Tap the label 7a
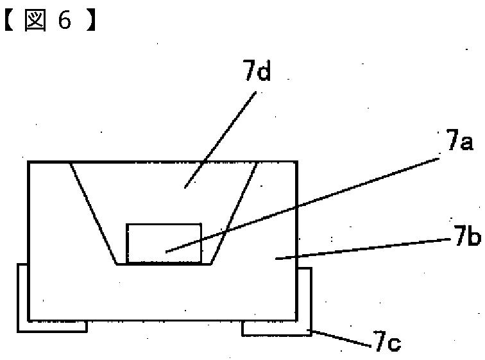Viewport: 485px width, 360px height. coord(459,141)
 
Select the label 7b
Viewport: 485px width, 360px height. coord(468,236)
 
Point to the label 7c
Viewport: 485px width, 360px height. coord(387,341)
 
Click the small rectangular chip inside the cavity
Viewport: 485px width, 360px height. coord(164,243)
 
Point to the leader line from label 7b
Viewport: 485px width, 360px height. coord(362,248)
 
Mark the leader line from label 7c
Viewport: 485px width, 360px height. coord(341,339)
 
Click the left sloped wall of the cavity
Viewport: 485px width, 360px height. coord(94,213)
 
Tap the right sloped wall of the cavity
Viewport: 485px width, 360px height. coord(234,213)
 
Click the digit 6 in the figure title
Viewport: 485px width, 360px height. coord(65,21)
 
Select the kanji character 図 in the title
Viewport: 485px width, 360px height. coord(35,21)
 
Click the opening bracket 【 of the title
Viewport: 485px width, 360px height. coord(9,21)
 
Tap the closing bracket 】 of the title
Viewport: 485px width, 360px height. coord(90,21)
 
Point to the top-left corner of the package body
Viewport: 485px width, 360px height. coord(28,162)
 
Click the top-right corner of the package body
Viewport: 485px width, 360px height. coord(297,162)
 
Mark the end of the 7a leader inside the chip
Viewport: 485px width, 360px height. coord(166,252)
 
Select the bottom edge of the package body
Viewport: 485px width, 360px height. coord(162,320)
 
